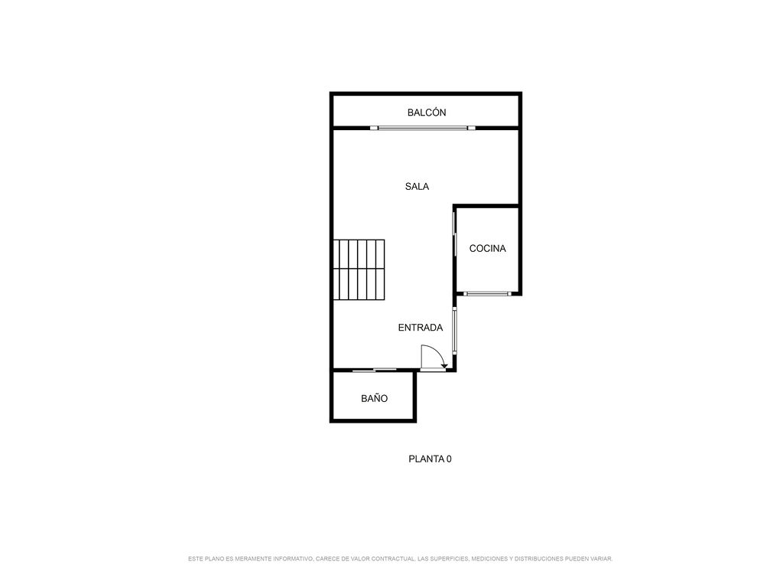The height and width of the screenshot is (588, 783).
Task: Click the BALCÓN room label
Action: pos(427,113)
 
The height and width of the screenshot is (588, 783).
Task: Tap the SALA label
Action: pos(417,187)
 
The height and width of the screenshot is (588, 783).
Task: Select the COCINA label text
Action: pos(487,249)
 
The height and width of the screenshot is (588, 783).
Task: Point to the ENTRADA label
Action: pos(421,328)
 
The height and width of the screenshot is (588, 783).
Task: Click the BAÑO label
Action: pos(374,398)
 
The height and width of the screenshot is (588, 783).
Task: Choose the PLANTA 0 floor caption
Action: pos(430,459)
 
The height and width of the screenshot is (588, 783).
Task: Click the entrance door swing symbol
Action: pos(434,358)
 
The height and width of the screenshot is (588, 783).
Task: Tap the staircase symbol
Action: pos(359,269)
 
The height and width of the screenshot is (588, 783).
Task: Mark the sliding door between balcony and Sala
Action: pos(422,128)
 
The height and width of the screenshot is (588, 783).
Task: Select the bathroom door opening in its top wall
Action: pos(375,370)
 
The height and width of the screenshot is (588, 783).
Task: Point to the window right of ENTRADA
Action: pos(454,331)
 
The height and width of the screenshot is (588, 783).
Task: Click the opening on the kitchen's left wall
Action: pos(454,234)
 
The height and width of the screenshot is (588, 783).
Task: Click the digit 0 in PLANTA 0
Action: pos(449,459)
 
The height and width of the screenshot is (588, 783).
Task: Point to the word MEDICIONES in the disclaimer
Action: pos(489,558)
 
